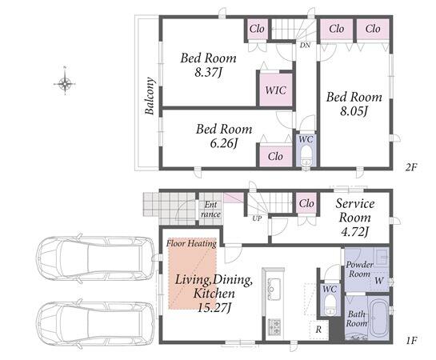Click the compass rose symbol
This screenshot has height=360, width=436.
click(x=65, y=83)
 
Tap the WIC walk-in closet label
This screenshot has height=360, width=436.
click(x=275, y=90)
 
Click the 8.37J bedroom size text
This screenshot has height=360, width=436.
click(x=208, y=73)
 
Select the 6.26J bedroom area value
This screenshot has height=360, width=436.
click(x=224, y=144)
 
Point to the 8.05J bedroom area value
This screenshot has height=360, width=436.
click(x=354, y=111)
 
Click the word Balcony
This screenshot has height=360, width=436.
click(x=150, y=96)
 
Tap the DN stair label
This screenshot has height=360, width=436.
click(x=305, y=45)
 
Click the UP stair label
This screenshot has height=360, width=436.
click(x=257, y=218)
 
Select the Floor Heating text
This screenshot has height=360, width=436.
click(x=191, y=243)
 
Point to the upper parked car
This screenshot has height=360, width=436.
click(x=94, y=257)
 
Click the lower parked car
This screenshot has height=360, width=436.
click(x=94, y=324)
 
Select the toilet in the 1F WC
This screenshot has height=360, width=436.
click(x=330, y=305)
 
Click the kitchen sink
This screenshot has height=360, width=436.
click(x=273, y=289)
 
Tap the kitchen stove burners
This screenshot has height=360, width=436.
click(x=274, y=327)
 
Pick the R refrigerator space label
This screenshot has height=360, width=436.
click(x=318, y=330)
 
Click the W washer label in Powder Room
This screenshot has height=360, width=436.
click(x=378, y=281)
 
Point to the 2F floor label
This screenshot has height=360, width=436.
click(x=411, y=167)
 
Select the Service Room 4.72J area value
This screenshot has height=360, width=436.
click(x=354, y=232)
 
